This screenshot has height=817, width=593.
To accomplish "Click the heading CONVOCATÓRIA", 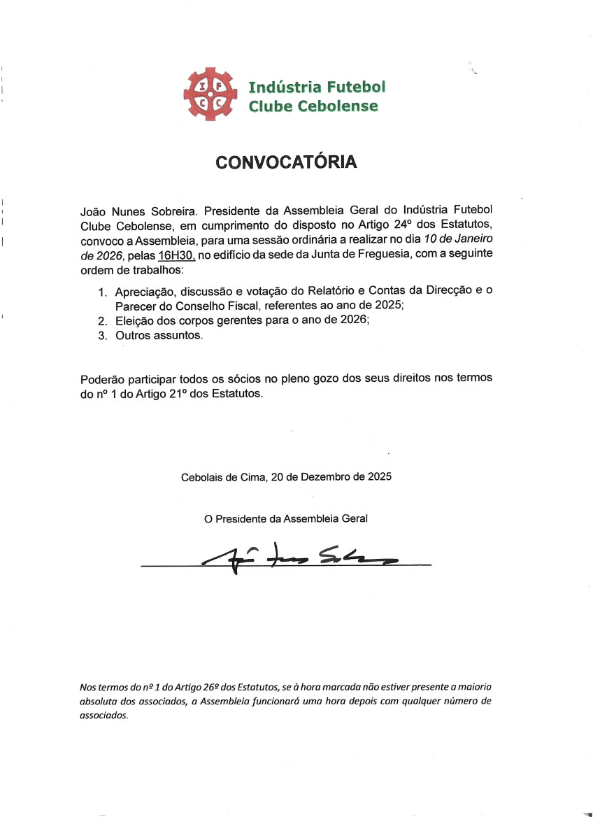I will tap(286, 162).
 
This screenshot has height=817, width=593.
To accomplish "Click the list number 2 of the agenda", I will tap(102, 321).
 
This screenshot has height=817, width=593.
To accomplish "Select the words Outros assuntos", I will tap(159, 336).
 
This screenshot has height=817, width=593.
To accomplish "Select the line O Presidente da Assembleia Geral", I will tap(285, 519).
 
